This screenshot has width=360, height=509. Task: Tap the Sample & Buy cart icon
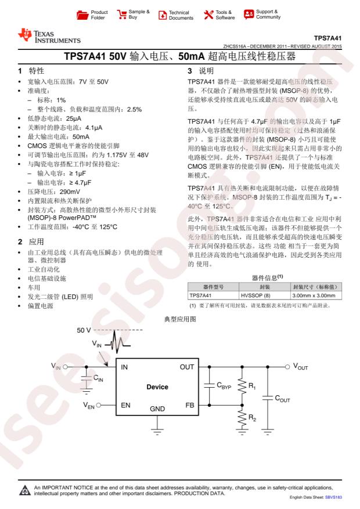(122, 14)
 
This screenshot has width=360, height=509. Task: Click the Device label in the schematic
(157, 387)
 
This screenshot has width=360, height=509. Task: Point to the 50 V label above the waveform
(84, 330)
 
